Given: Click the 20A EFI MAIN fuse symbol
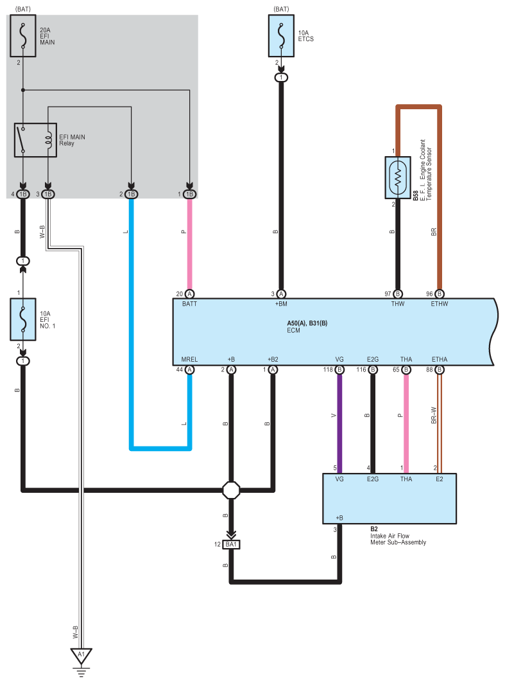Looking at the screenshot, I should click(x=23, y=37).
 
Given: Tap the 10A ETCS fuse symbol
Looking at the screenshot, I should click(x=281, y=37).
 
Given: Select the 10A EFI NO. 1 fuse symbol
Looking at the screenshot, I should click(x=23, y=319).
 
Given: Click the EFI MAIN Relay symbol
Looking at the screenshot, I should click(x=35, y=139).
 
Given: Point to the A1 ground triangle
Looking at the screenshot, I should click(x=81, y=657).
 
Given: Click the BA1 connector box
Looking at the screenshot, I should click(x=232, y=545).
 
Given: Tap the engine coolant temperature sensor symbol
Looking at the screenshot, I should click(x=398, y=175).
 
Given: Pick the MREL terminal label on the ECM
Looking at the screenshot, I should click(x=189, y=360).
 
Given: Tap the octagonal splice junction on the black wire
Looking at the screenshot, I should click(x=231, y=491).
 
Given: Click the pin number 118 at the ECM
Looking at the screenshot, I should click(x=327, y=369).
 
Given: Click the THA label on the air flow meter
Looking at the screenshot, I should click(x=406, y=479).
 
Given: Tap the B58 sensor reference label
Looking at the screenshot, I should click(x=415, y=195).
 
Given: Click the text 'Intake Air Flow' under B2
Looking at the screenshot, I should click(x=389, y=535).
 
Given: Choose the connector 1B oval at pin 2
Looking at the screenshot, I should click(x=131, y=194).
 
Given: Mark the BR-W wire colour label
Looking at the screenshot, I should click(x=434, y=414).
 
